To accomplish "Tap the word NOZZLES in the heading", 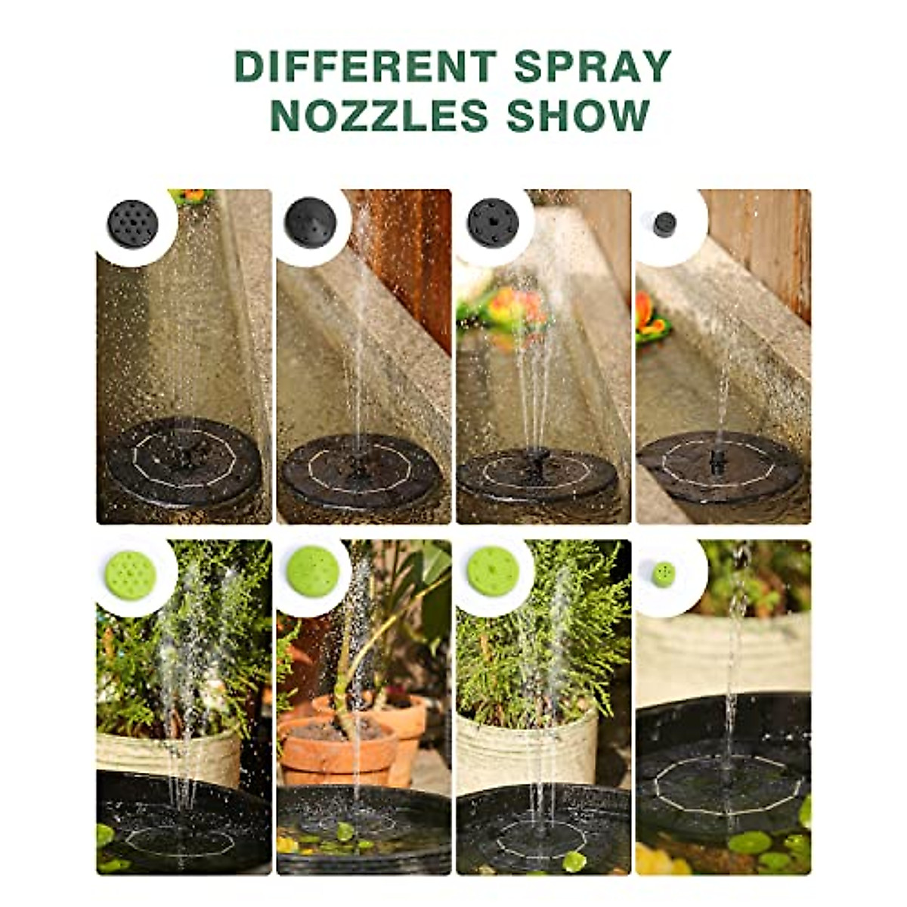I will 379,116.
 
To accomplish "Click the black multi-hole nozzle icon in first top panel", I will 133,223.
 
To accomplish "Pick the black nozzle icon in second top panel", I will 311,222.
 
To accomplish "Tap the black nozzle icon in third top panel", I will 493,221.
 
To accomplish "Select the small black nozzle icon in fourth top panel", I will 664,224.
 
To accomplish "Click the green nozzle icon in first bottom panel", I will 130,574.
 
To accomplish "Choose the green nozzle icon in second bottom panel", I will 312,571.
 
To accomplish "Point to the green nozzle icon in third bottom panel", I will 493,571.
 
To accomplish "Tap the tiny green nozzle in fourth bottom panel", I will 664,574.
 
